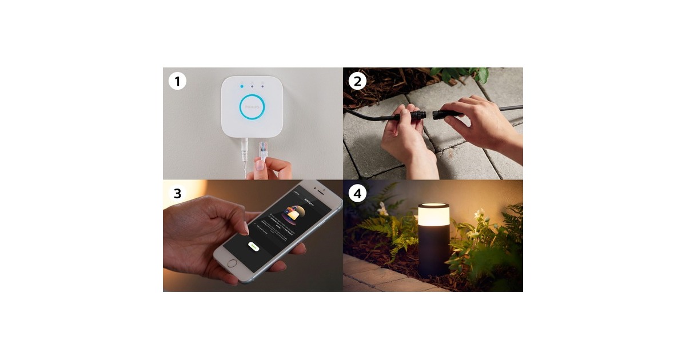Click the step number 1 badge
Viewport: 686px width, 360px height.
(x=177, y=81)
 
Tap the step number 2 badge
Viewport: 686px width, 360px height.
(x=357, y=81)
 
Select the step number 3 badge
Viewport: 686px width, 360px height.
(x=177, y=193)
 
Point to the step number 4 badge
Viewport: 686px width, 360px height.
(x=357, y=193)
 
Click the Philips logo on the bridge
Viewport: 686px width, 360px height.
(x=252, y=107)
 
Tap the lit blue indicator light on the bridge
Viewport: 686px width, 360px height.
(x=242, y=86)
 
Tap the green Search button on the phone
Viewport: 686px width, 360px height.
(x=254, y=247)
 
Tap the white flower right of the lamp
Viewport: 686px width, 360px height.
(x=479, y=215)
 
